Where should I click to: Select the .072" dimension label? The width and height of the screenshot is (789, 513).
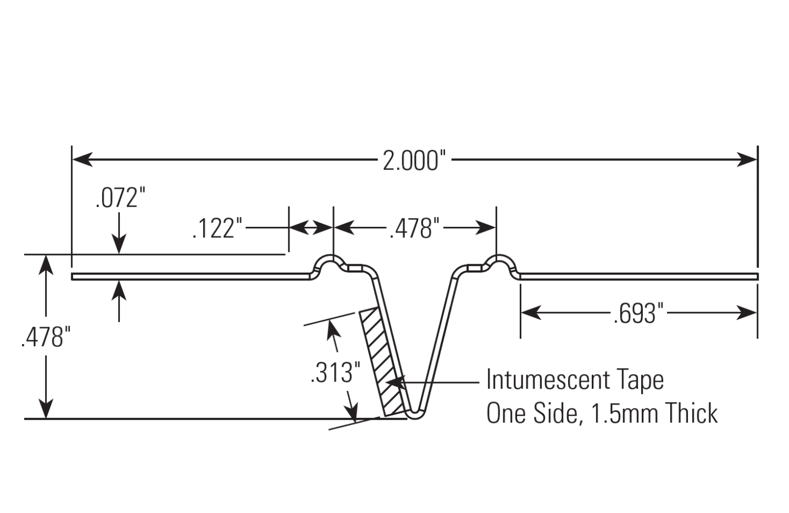tap(120, 198)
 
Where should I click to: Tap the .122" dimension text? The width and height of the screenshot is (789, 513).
tap(217, 229)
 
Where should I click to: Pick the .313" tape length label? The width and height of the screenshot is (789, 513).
tap(335, 373)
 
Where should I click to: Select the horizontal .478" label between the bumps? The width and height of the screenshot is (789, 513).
tap(414, 229)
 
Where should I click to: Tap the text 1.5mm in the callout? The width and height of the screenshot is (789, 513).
tap(617, 413)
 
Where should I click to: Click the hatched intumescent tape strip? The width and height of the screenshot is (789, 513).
tap(383, 363)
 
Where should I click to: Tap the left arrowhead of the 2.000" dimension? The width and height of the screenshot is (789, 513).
tap(82, 159)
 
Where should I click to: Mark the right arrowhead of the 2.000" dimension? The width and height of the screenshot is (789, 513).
tap(747, 159)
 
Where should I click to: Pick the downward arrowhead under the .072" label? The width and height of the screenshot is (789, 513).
tap(119, 246)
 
